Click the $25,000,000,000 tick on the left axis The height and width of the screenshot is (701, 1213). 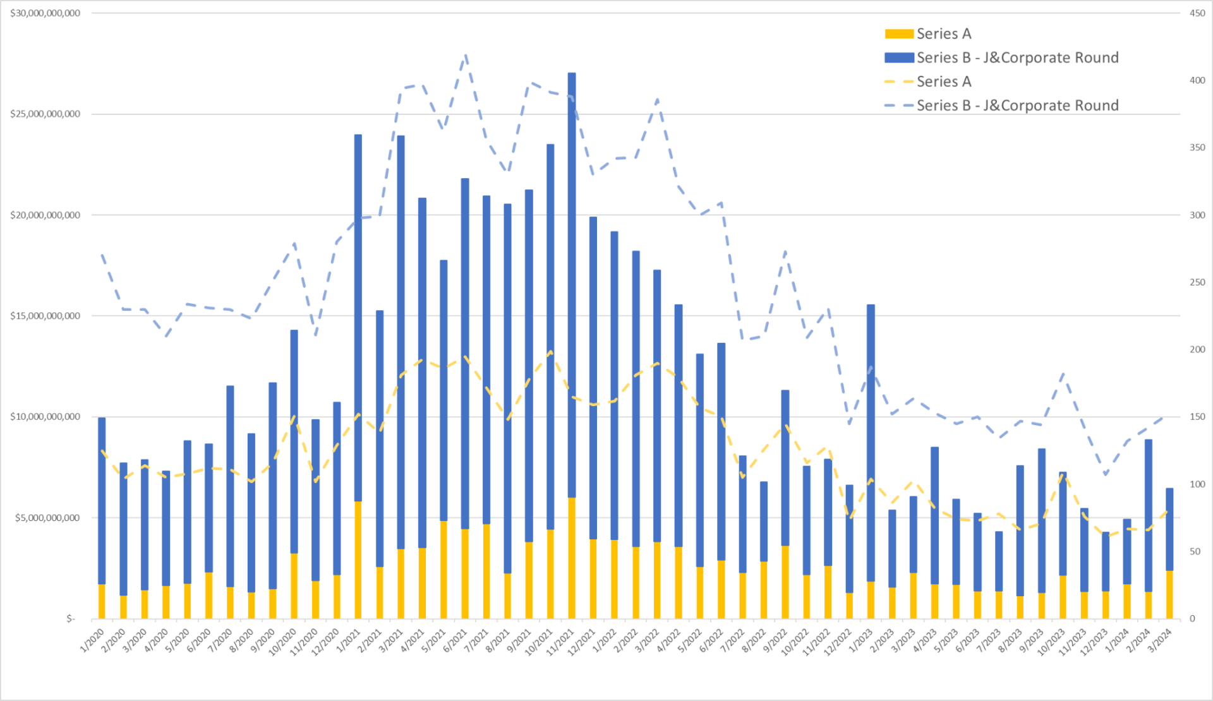45,114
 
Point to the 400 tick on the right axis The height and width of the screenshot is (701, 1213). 1197,80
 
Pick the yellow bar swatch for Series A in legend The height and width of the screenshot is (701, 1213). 898,34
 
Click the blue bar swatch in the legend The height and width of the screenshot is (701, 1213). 898,58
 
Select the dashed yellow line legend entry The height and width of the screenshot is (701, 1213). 898,82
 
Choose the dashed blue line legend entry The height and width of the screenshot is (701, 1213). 898,106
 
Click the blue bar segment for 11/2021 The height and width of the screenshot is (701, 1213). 572,284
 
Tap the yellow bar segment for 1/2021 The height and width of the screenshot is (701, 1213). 358,560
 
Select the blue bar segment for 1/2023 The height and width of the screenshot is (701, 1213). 871,442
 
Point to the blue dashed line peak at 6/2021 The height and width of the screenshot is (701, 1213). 465,56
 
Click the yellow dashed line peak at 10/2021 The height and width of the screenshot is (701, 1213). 550,352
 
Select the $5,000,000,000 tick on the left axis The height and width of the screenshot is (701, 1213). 47,518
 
